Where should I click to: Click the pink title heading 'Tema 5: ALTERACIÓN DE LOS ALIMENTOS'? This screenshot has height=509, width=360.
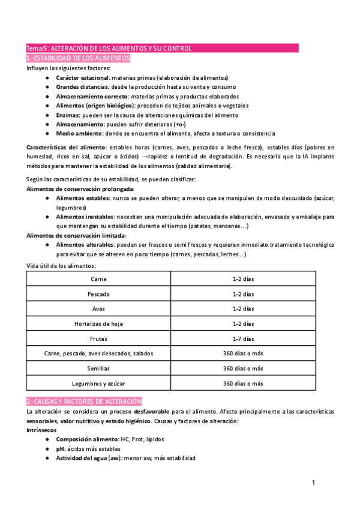(x=108, y=48)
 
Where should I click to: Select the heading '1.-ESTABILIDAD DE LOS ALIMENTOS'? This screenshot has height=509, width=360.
(x=78, y=58)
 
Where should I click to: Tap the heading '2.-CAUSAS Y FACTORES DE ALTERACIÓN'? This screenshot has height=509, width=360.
(x=84, y=401)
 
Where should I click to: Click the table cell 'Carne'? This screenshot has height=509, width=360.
(x=98, y=279)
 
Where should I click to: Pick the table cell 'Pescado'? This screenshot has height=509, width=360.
(x=98, y=294)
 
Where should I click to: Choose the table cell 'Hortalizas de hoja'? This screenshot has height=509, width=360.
(x=98, y=324)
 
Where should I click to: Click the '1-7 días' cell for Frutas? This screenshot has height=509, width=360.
(x=243, y=339)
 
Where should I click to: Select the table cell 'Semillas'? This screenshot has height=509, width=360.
(x=98, y=368)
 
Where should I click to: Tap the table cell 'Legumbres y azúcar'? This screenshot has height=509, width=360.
(x=98, y=383)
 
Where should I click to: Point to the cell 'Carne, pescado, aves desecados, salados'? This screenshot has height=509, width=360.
(x=98, y=354)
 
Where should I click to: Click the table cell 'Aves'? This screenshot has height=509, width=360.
(x=98, y=309)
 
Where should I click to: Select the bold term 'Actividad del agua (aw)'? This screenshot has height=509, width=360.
(x=89, y=458)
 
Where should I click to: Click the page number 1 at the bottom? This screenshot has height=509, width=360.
(x=313, y=483)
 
